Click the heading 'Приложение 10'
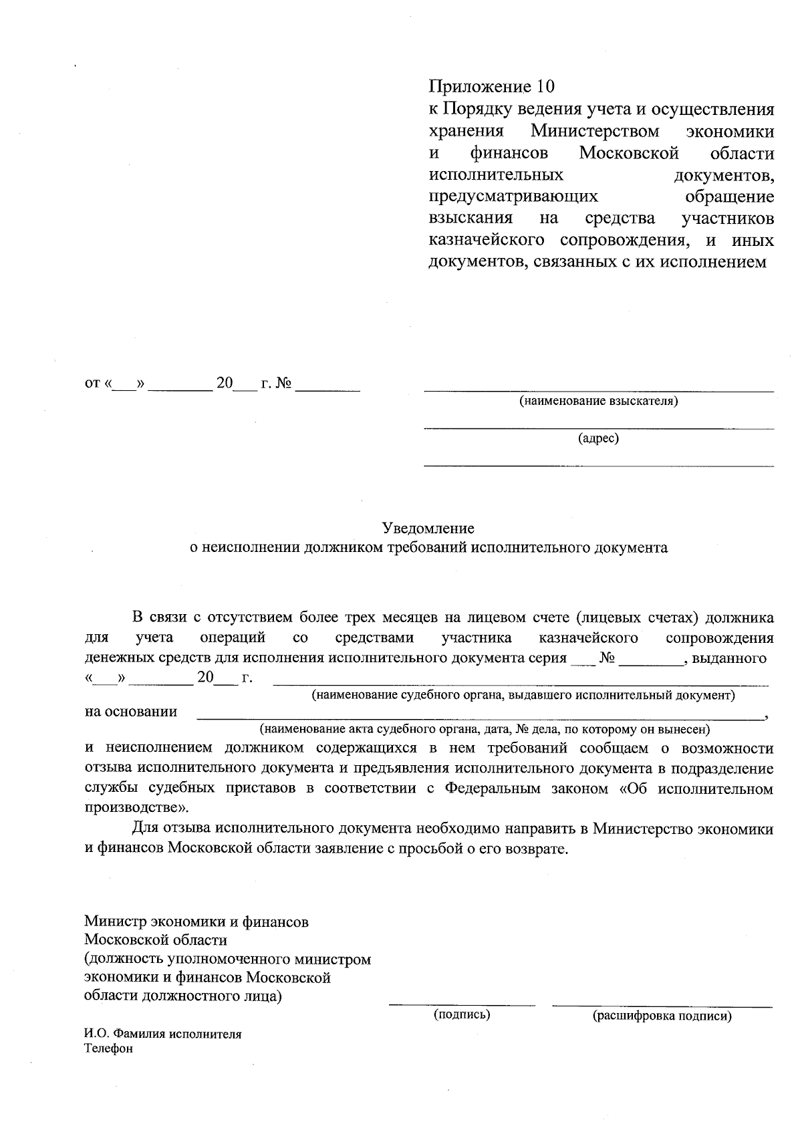click(491, 87)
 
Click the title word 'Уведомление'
click(428, 528)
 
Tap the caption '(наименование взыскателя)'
click(599, 402)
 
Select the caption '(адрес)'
click(598, 438)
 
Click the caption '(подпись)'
click(462, 1014)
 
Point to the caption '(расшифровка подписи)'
click(662, 1016)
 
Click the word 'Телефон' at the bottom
click(108, 1048)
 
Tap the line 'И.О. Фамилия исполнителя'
click(163, 1034)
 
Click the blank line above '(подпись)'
click(462, 1004)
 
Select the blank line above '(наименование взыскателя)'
click(599, 390)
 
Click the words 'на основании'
click(131, 711)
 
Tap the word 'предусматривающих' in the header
click(513, 196)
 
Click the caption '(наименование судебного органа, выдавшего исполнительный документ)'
click(523, 695)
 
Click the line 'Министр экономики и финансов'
click(196, 922)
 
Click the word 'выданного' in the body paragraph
click(729, 658)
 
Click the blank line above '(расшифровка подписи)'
click(662, 1005)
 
